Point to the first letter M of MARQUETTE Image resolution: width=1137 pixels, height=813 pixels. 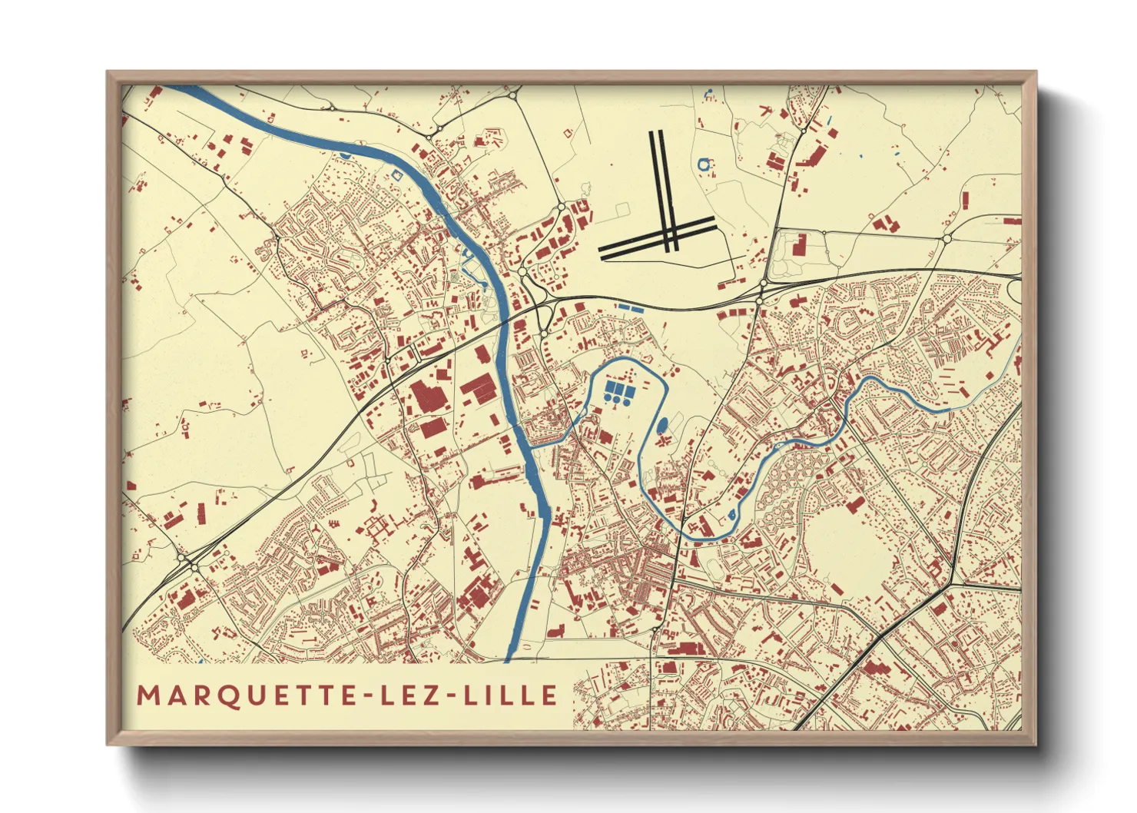coord(147,695)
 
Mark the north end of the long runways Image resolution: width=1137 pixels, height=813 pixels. coord(658,134)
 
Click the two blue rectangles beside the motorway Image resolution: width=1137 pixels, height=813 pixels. coord(631,307)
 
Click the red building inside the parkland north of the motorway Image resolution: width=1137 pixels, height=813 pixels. coord(799,247)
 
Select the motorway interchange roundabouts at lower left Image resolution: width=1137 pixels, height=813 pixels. coord(189,563)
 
